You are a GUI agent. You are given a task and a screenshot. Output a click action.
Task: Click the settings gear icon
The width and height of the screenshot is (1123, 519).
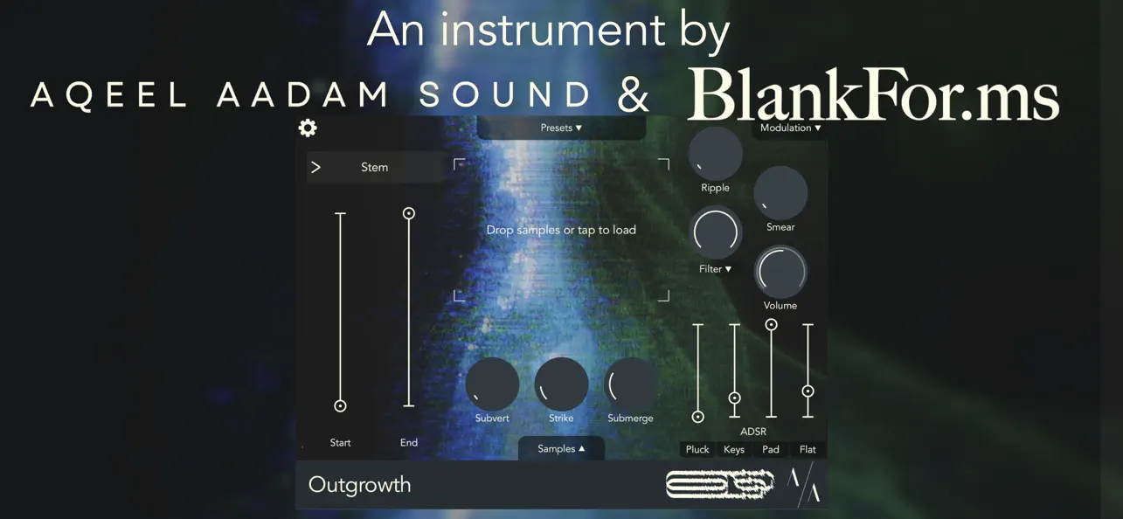308,128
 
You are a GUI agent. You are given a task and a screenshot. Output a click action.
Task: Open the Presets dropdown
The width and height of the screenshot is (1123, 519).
561,128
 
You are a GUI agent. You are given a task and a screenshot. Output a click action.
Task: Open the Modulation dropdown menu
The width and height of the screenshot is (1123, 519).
790,128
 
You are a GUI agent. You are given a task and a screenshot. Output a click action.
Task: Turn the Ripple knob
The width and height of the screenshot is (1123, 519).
715,154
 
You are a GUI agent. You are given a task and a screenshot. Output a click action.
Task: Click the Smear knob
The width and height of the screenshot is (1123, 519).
780,193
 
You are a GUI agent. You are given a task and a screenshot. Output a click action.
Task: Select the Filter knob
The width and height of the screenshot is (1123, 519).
715,232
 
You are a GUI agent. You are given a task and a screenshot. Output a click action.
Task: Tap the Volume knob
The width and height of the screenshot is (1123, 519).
780,272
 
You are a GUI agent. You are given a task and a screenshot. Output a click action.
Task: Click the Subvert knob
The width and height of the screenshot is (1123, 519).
492,384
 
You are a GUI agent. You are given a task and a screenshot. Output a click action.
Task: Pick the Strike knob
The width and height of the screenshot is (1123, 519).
561,384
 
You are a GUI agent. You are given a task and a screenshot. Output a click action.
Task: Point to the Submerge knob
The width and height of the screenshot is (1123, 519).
630,384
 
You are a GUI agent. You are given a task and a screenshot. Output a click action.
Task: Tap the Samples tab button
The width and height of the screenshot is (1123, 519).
561,448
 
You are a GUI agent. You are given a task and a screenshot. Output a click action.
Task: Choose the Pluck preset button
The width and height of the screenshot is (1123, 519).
697,449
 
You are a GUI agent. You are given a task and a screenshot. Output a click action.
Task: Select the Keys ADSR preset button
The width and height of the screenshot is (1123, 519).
734,449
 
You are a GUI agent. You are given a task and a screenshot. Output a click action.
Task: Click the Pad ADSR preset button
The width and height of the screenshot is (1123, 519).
771,449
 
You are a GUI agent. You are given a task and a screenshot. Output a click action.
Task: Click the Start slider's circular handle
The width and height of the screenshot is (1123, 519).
341,405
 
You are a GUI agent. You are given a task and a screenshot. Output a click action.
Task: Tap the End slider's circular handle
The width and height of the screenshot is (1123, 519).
408,213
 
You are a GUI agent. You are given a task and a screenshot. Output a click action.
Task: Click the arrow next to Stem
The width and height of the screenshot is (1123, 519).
316,167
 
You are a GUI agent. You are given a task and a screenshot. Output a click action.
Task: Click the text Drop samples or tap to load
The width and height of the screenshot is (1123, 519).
561,230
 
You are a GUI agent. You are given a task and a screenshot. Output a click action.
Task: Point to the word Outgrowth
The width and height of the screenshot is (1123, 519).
359,485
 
